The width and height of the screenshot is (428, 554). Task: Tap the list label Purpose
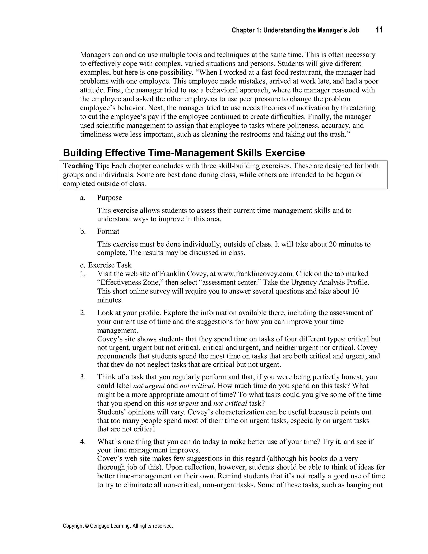[110, 198]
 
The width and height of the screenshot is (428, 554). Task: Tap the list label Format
[108, 231]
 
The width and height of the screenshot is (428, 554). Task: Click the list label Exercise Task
[110, 265]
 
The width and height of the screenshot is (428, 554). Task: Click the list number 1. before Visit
[83, 274]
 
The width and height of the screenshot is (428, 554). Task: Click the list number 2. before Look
[83, 313]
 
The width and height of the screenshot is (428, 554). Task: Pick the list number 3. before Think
[83, 377]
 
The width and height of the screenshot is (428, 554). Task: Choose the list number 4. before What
[83, 442]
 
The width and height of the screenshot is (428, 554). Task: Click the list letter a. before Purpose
[82, 198]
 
